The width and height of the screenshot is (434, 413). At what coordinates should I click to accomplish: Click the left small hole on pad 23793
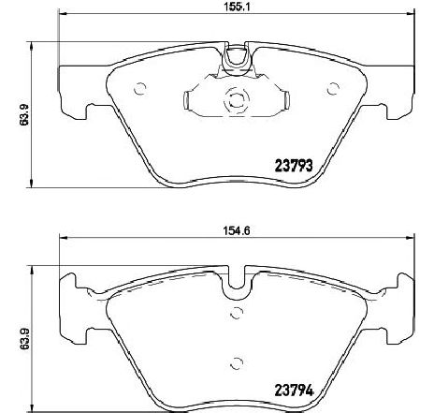[140, 90]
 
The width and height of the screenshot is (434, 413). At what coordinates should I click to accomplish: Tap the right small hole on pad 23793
[333, 89]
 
